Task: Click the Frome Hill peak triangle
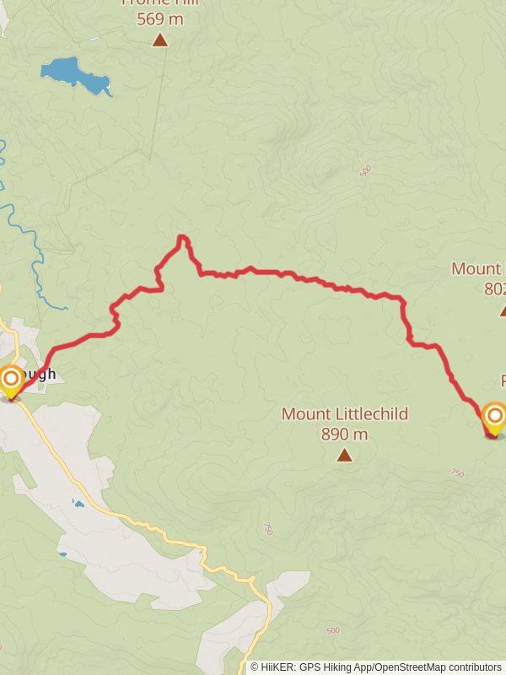coord(160,40)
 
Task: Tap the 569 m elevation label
coord(160,19)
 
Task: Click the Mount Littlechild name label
coord(345,414)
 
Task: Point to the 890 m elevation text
coord(345,435)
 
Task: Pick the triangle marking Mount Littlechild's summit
coord(344,456)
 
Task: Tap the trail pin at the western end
coord(10,380)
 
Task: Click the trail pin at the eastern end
coord(493,417)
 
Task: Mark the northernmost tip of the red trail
coord(182,238)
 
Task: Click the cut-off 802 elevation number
coord(495,289)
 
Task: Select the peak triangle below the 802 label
coord(503,310)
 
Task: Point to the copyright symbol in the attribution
coord(255,667)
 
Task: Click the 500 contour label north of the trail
coord(365,171)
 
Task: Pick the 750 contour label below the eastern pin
coord(458,473)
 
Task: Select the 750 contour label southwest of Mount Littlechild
coord(268,529)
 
